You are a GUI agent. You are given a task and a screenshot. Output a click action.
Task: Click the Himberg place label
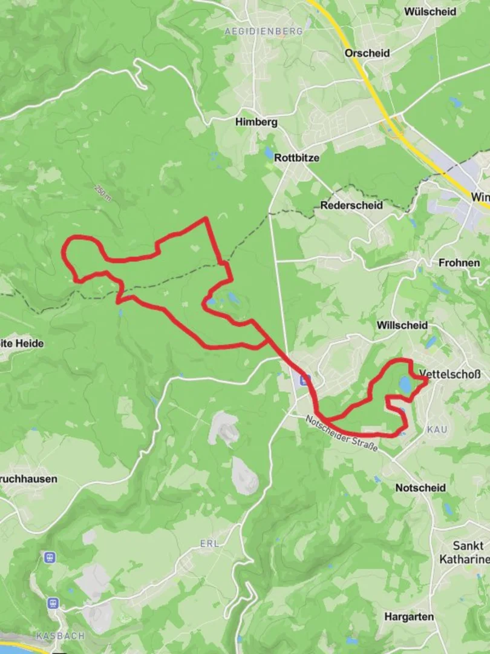pyautogui.click(x=256, y=122)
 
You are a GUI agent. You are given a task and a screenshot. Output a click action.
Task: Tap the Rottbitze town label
pyautogui.click(x=296, y=157)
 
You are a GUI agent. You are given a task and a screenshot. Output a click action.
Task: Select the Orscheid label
pyautogui.click(x=367, y=53)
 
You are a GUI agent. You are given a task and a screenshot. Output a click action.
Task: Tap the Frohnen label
pyautogui.click(x=459, y=263)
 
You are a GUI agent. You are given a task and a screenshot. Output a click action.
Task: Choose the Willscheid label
pyautogui.click(x=402, y=325)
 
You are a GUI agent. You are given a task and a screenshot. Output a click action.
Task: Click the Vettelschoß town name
pyautogui.click(x=449, y=374)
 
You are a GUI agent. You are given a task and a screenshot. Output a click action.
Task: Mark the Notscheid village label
pyautogui.click(x=420, y=487)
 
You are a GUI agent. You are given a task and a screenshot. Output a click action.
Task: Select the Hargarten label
pyautogui.click(x=409, y=616)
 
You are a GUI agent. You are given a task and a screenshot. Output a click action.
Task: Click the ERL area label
pyautogui.click(x=209, y=544)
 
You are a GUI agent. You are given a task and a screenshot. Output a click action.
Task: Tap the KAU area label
pyautogui.click(x=437, y=429)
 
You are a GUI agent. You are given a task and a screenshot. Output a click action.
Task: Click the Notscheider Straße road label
pyautogui.click(x=342, y=434)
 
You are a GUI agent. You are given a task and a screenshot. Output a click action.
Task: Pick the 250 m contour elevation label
pyautogui.click(x=103, y=193)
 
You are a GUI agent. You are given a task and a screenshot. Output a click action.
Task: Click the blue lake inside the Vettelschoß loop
pyautogui.click(x=405, y=384)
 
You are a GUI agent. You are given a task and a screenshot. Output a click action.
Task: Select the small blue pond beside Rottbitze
pyautogui.click(x=269, y=153)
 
